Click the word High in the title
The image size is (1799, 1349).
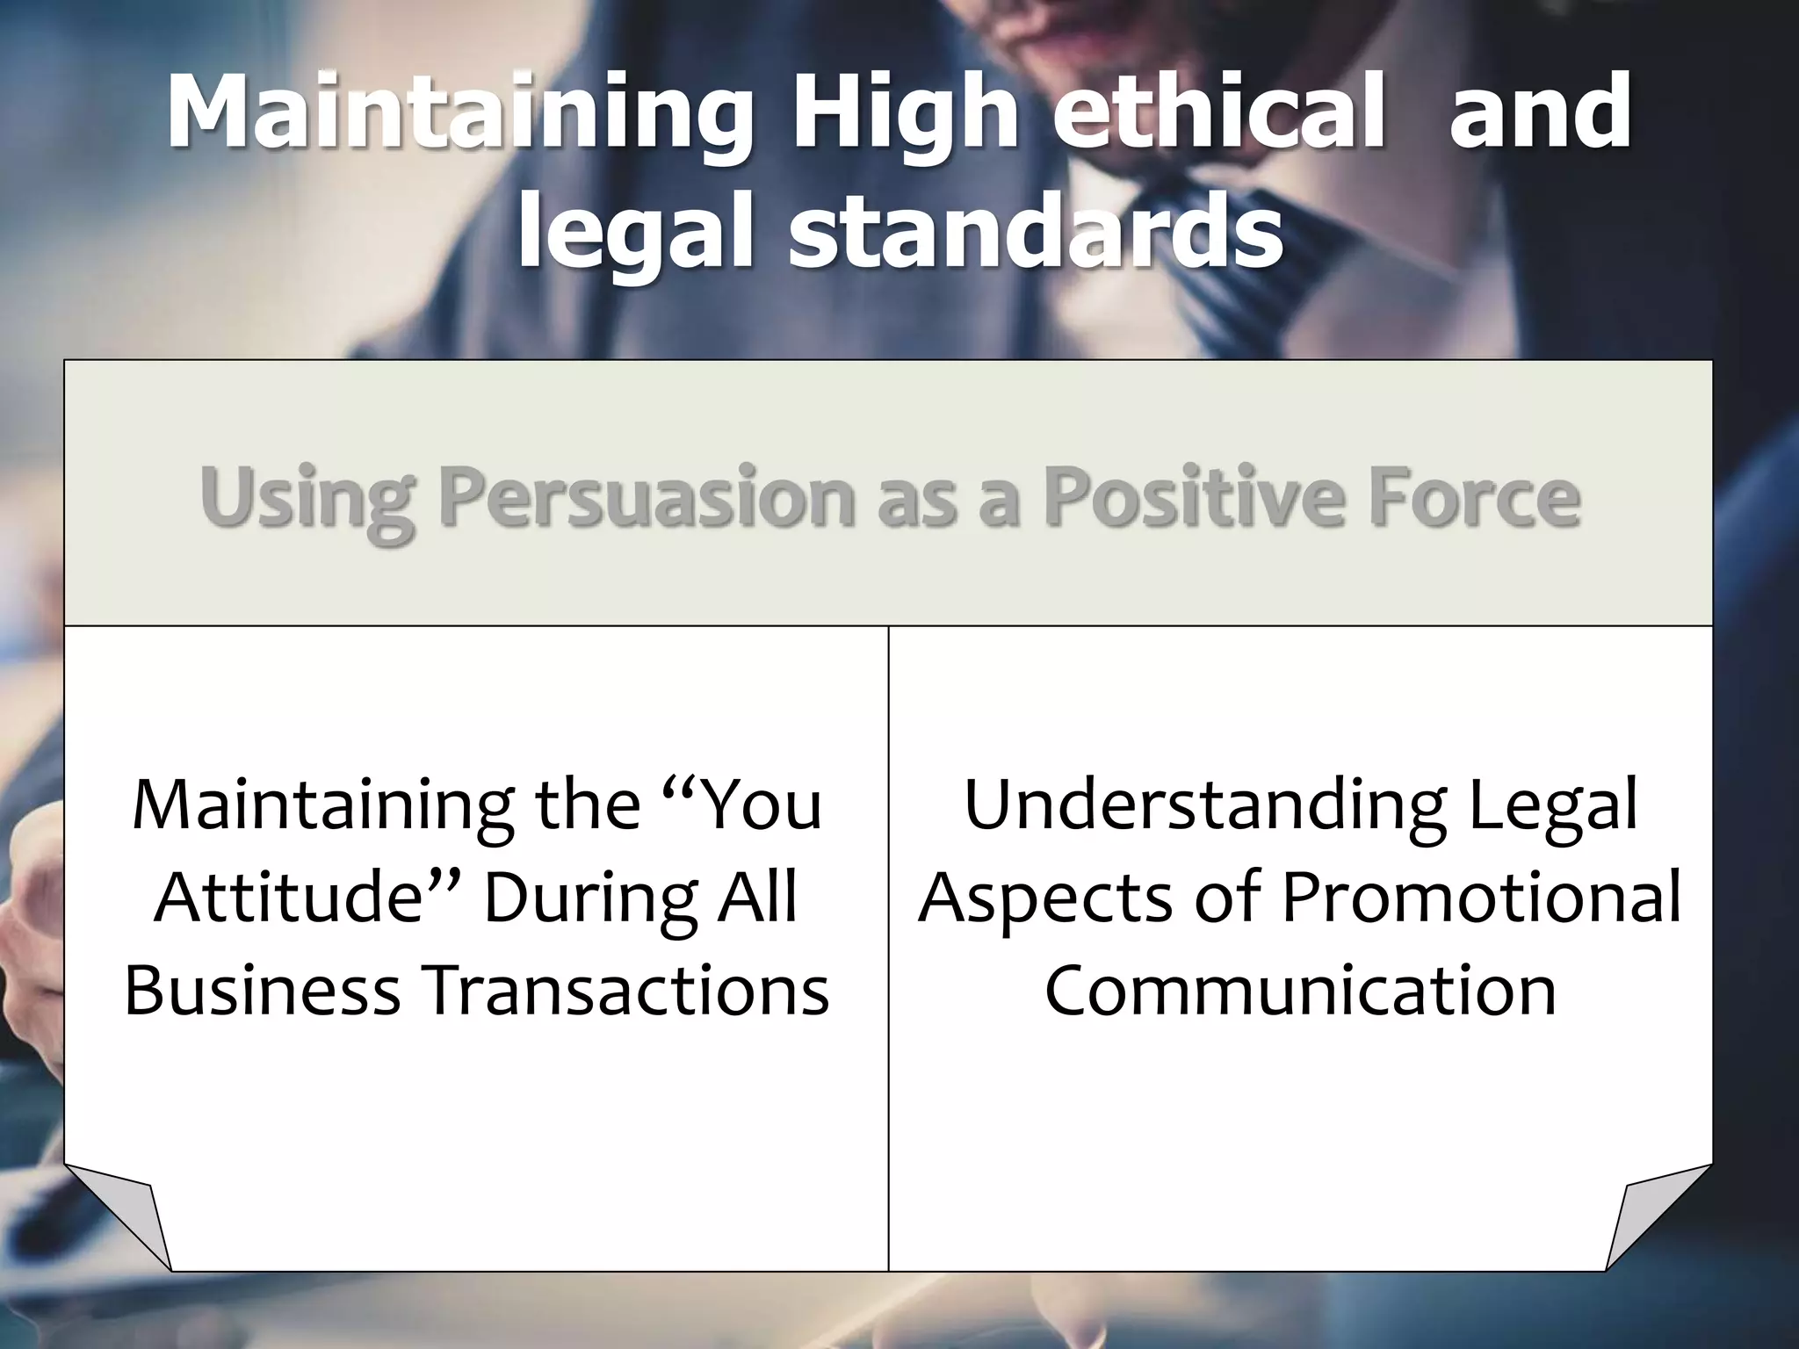coord(905,114)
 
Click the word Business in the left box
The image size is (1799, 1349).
coord(263,990)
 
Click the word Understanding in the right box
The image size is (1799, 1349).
coord(1205,805)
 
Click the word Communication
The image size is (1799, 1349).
coord(1301,990)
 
